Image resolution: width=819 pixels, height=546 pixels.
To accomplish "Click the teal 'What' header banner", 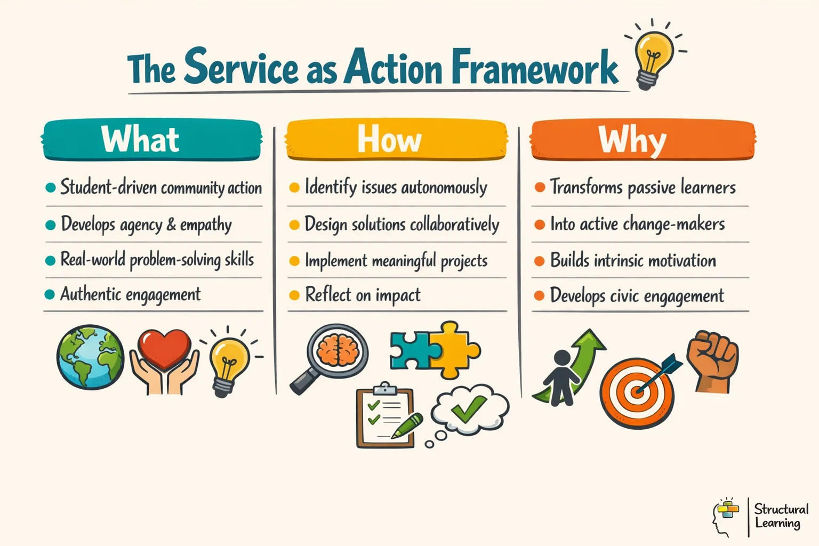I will (x=152, y=140).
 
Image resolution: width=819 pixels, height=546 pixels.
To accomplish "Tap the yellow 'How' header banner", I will (x=396, y=140).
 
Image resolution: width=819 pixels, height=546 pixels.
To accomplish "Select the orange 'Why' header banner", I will (x=643, y=140).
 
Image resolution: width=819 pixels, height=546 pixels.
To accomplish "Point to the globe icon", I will (x=90, y=357).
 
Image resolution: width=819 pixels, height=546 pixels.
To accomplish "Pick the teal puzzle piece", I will (x=413, y=351).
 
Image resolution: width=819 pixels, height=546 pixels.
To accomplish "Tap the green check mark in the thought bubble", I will (x=469, y=408).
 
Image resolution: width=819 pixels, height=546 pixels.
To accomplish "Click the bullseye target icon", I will (x=637, y=393).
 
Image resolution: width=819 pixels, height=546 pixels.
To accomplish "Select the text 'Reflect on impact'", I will (x=363, y=295).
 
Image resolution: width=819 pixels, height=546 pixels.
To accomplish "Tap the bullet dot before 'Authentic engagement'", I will (x=50, y=295).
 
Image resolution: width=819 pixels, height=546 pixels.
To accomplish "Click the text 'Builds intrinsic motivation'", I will (x=633, y=261).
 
